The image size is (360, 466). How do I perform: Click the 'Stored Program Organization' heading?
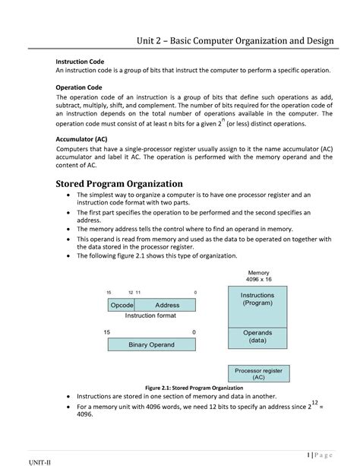pyautogui.click(x=119, y=183)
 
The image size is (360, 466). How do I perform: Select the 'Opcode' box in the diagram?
pyautogui.click(x=122, y=305)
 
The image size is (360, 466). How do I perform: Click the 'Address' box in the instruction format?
pyautogui.click(x=167, y=305)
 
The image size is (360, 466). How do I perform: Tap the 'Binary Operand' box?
pyautogui.click(x=151, y=344)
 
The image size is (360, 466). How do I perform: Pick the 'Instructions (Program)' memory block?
pyautogui.click(x=257, y=299)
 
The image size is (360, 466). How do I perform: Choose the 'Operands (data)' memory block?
pyautogui.click(x=257, y=337)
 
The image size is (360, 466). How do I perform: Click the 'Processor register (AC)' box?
pyautogui.click(x=258, y=372)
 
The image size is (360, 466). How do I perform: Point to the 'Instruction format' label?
pyautogui.click(x=150, y=315)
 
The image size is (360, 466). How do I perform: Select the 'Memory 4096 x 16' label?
pyautogui.click(x=258, y=276)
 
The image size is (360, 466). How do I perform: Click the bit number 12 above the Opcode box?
pyautogui.click(x=131, y=293)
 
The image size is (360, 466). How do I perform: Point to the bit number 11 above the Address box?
pyautogui.click(x=138, y=293)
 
